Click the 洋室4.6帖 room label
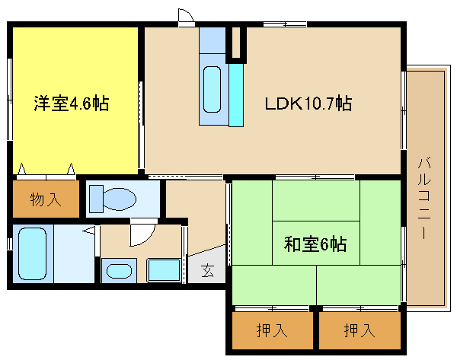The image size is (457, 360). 70,103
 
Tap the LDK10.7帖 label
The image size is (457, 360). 308,103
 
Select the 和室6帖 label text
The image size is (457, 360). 315,244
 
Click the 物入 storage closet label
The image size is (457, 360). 45,200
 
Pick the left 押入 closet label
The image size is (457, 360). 271,330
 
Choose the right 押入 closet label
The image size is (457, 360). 358,330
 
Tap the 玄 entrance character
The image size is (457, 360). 207,269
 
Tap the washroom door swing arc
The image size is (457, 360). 142,234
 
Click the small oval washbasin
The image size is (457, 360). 118,271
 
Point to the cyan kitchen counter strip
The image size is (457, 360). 235,93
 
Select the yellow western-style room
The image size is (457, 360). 74,137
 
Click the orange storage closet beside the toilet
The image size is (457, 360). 46,199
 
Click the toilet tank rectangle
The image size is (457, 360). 95,199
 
